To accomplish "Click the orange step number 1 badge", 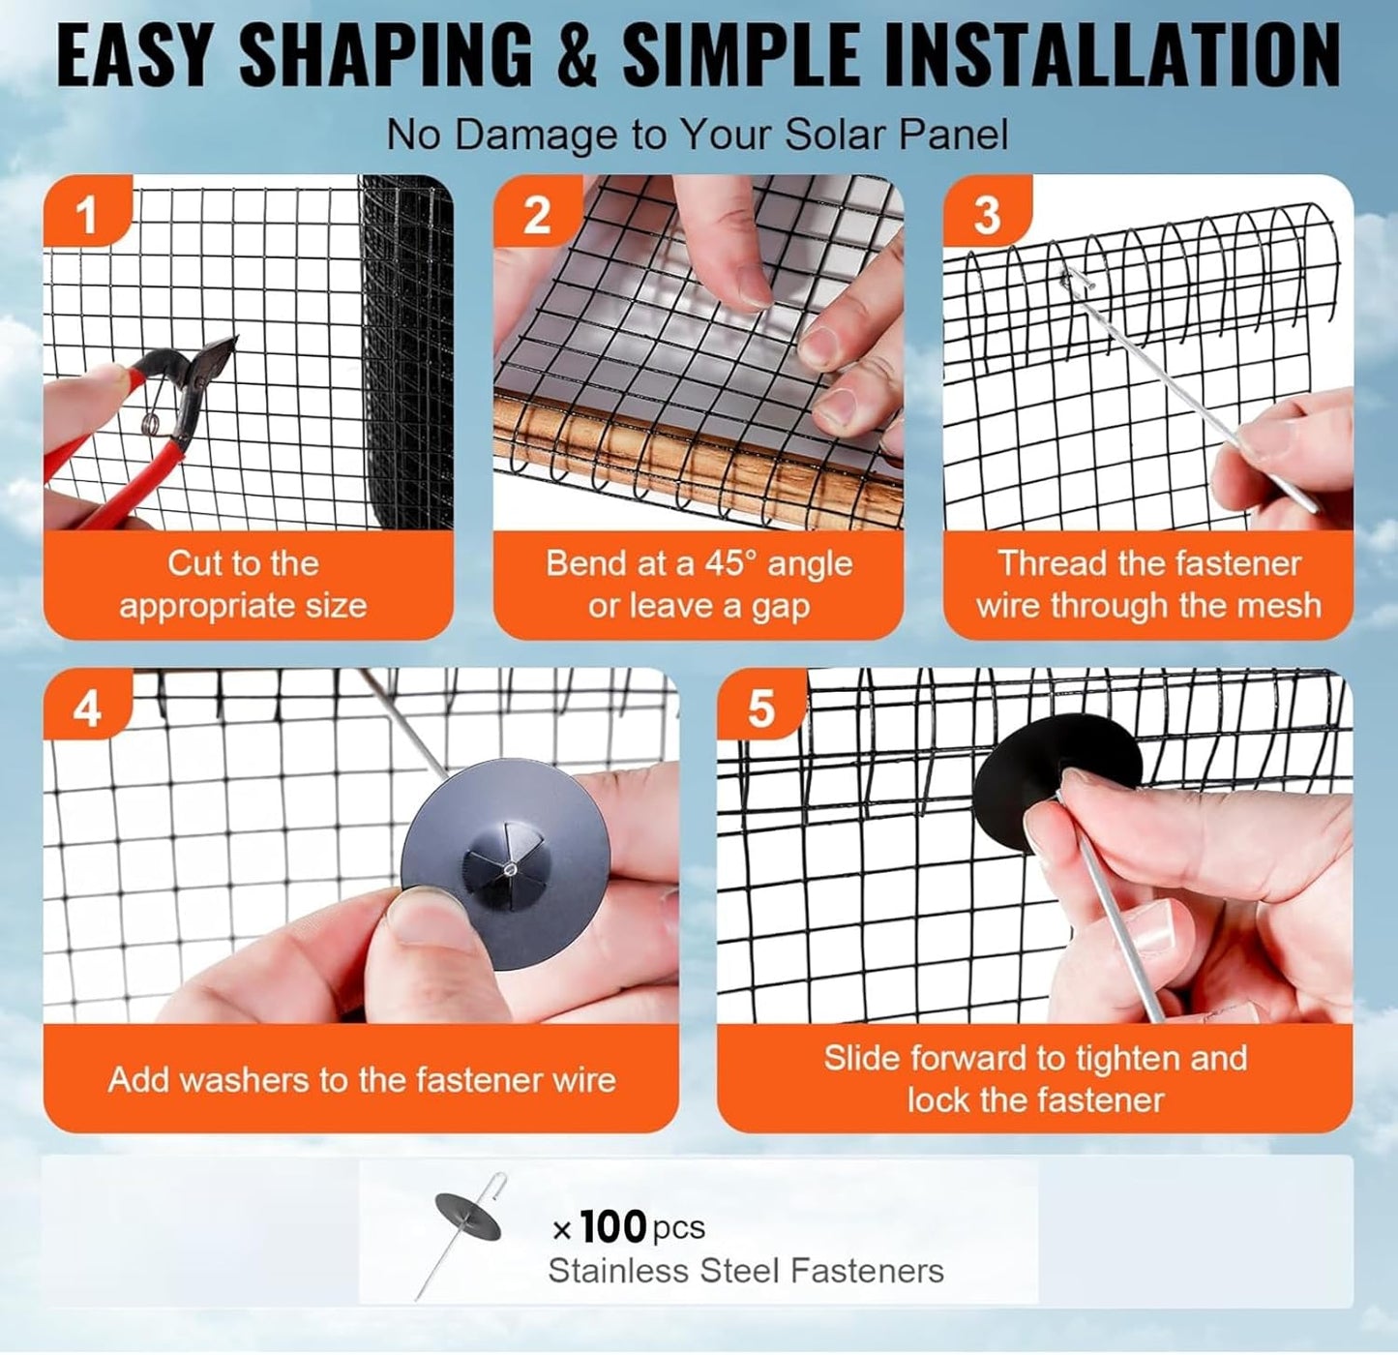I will tap(86, 214).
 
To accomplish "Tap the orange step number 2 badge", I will tap(536, 214).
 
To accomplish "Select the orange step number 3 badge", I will tap(986, 214).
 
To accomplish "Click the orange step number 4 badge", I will tap(86, 709).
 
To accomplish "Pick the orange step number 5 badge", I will tap(760, 709).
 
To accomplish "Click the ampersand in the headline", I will tap(577, 56).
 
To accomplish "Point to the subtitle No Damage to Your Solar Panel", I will tap(697, 135).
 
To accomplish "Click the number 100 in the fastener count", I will tap(613, 1226).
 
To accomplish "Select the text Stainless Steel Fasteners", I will tap(745, 1271).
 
